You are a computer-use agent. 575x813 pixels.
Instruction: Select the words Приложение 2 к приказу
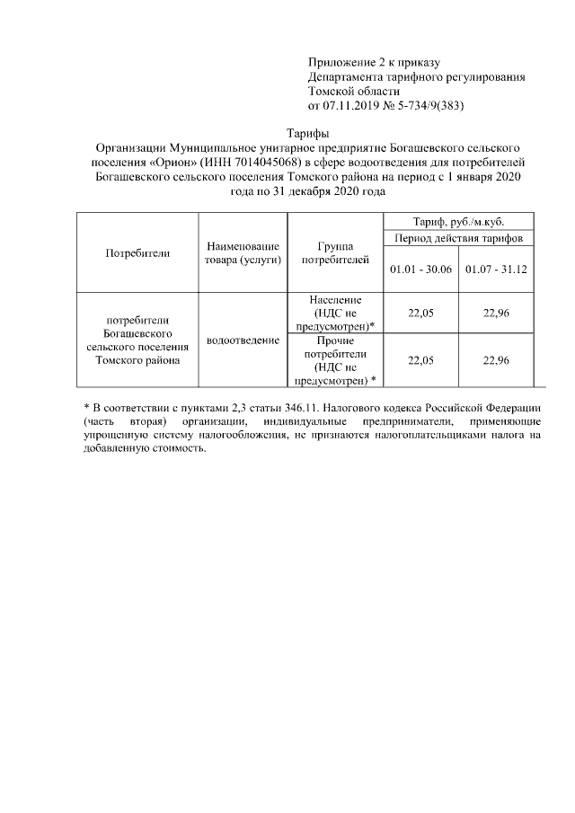[x=373, y=62]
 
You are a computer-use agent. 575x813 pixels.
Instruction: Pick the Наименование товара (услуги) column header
[x=243, y=252]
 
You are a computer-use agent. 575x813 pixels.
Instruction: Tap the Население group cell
[x=334, y=313]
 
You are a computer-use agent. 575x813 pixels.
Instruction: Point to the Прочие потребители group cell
[x=334, y=360]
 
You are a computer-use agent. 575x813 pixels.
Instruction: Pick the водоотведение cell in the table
[x=243, y=341]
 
